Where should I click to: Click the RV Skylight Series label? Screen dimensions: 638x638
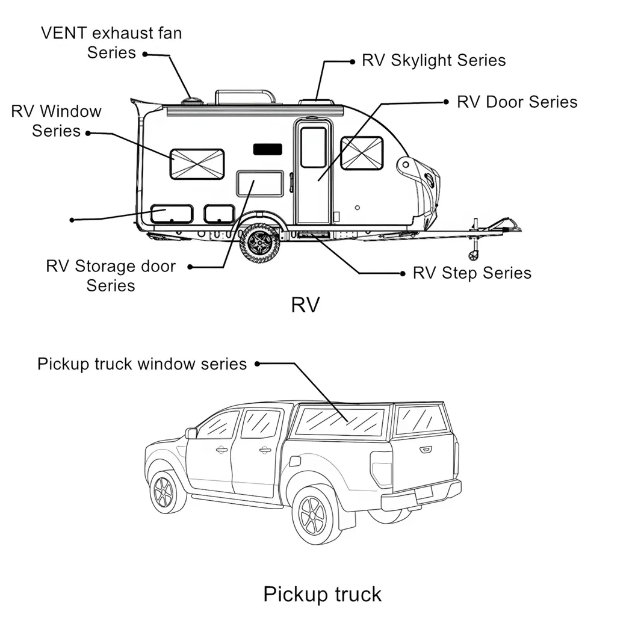433,60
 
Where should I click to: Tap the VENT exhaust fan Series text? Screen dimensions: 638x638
111,42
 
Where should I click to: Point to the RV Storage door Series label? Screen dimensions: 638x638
111,275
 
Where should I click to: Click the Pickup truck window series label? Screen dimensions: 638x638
142,364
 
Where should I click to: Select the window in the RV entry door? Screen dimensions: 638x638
313,147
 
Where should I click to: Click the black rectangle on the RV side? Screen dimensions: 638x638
268,149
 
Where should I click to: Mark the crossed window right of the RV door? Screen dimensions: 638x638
362,153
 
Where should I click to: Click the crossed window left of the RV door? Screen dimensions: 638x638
197,164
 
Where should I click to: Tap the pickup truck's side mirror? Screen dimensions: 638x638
191,433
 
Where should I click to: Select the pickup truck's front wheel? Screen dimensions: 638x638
164,492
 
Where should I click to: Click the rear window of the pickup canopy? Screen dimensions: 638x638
421,420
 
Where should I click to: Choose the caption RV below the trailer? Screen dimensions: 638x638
305,305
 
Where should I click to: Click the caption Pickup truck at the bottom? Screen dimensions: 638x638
322,594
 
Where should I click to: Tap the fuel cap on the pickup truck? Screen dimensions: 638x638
294,460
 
